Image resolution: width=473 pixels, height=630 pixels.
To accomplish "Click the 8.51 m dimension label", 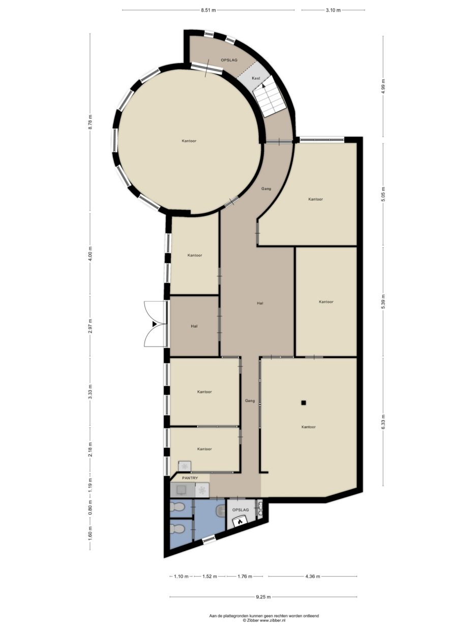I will tap(208, 10).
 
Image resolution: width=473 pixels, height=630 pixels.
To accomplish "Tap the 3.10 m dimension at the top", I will tap(333, 10).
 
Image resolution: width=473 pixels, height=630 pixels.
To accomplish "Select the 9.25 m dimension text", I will tap(263, 597).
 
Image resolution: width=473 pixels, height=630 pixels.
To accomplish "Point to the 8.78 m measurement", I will tap(90, 122).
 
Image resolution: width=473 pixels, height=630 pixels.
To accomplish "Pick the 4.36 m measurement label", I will tap(312, 576).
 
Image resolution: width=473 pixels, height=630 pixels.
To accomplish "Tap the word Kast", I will tap(256, 78).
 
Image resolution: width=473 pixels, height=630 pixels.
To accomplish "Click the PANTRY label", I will tap(191, 478).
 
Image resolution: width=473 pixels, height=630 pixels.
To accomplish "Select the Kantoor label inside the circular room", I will tap(189, 140).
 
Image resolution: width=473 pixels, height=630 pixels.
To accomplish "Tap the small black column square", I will tap(303, 403).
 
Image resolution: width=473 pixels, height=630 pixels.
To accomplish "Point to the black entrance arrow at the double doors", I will tap(155, 324).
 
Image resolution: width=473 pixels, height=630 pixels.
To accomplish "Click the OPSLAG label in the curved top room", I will tap(229, 60).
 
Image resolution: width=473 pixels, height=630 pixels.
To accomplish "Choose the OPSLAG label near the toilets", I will tap(240, 509).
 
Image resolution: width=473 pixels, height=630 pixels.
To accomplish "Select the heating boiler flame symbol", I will tap(240, 520).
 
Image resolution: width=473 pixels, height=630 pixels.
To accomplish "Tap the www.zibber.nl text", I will tap(273, 620).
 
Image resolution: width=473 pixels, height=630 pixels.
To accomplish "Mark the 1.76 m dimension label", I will tap(245, 576).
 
